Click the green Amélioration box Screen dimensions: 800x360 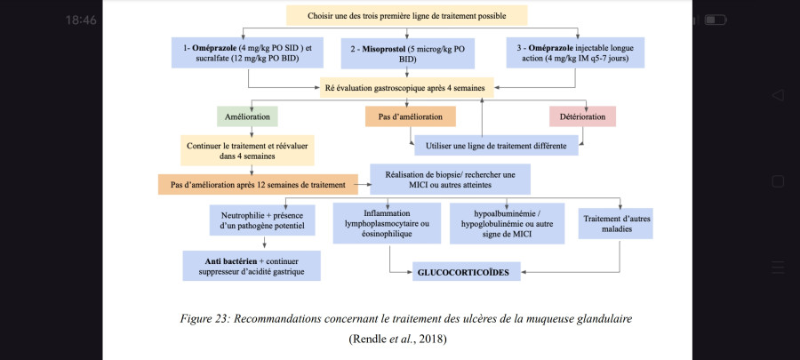pos(247,116)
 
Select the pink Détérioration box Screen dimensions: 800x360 pos(582,116)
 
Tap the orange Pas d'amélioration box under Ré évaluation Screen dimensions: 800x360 pos(410,116)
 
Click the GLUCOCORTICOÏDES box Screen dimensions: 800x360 pos(467,272)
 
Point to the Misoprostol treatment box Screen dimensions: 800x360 pos(408,53)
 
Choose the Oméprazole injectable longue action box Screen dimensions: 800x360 pos(575,52)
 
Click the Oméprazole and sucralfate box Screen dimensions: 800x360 pos(248,52)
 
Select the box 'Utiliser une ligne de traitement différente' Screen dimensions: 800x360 pos(496,145)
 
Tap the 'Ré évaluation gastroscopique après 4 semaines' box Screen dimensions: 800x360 pos(406,87)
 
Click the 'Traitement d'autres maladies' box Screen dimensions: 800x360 pos(616,223)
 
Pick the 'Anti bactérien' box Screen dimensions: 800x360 pos(252,266)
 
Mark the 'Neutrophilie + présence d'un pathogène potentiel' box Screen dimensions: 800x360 pos(262,220)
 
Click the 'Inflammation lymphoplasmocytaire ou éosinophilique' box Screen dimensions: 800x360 pos(387,223)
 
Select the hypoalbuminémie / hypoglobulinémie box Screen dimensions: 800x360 pos(508,223)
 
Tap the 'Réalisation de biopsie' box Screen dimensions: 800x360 pos(450,179)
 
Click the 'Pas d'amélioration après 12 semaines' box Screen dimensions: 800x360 pos(258,185)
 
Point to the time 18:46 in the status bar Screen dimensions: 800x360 pos(81,20)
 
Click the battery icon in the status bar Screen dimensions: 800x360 pos(716,20)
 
